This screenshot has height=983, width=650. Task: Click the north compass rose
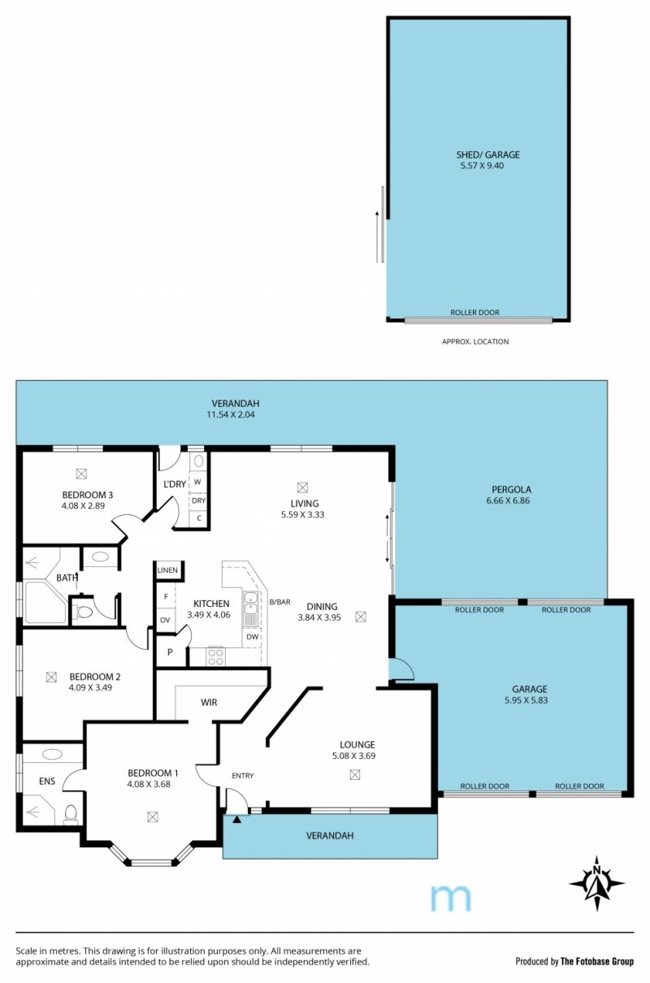click(596, 883)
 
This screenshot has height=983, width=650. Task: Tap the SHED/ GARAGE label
click(487, 154)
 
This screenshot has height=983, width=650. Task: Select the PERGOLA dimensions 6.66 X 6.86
click(508, 500)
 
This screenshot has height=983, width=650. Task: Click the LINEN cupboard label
click(167, 570)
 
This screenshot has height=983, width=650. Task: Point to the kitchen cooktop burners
click(216, 656)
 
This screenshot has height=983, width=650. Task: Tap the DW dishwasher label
click(253, 636)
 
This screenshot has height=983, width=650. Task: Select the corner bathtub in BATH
click(45, 602)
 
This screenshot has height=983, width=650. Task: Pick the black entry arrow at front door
click(237, 820)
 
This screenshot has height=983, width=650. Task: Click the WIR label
click(209, 703)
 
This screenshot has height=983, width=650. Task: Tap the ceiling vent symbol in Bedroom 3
click(81, 474)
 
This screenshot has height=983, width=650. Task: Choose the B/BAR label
click(279, 602)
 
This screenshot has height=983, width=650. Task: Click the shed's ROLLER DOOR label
click(474, 313)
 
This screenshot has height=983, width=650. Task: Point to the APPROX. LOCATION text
click(475, 341)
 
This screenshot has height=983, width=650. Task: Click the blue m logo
click(451, 899)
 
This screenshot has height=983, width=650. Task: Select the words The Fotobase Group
click(597, 962)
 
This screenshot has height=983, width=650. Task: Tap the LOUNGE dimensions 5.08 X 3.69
click(353, 756)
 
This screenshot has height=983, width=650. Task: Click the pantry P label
click(170, 652)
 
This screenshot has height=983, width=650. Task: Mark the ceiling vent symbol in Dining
click(360, 617)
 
